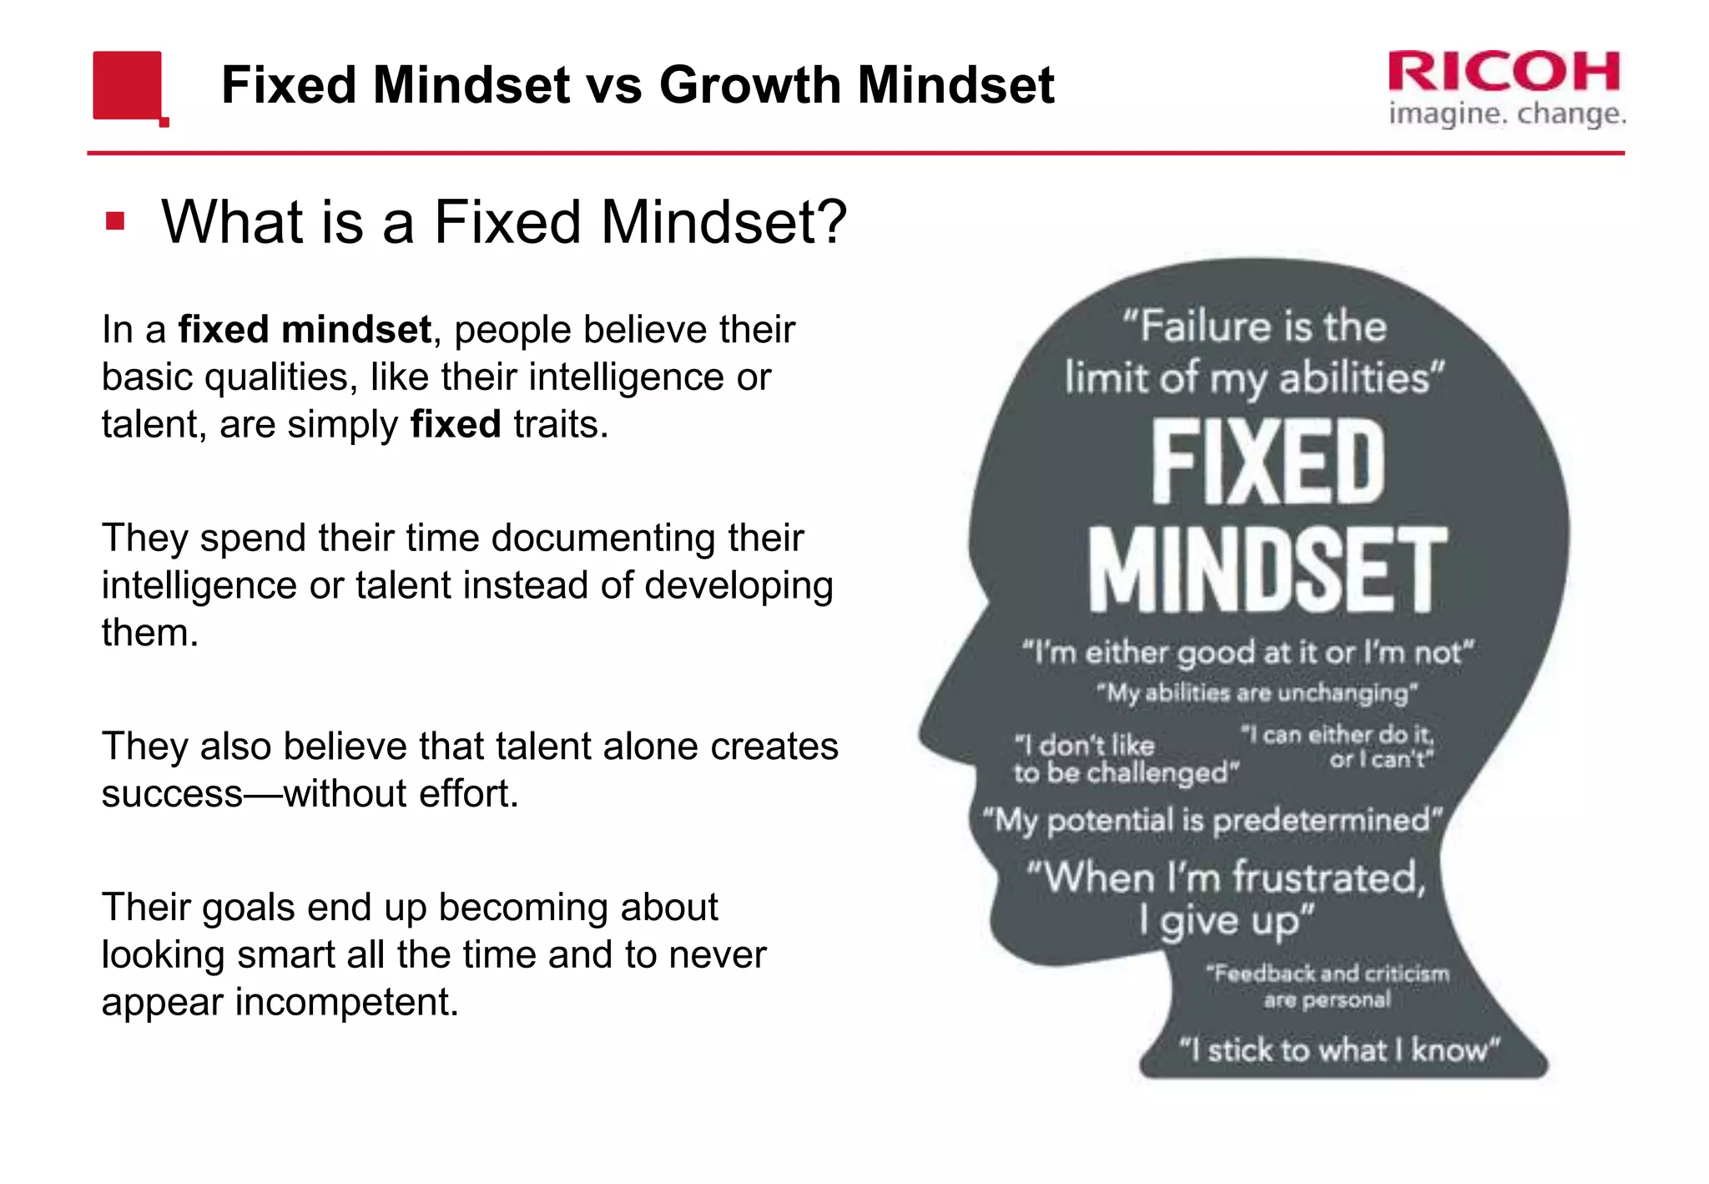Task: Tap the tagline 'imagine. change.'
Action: pos(1507,113)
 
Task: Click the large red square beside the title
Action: pos(127,84)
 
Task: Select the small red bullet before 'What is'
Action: pos(115,221)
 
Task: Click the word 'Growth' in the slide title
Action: pos(749,85)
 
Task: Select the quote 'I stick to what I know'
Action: pos(1339,1050)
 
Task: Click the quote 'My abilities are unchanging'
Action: pos(1256,693)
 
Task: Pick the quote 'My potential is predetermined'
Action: pos(1212,820)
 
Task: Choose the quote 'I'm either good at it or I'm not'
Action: pos(1248,652)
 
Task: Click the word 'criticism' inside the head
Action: pos(1407,974)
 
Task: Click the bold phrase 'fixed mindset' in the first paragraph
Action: pos(305,329)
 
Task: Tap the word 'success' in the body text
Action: pos(172,793)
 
